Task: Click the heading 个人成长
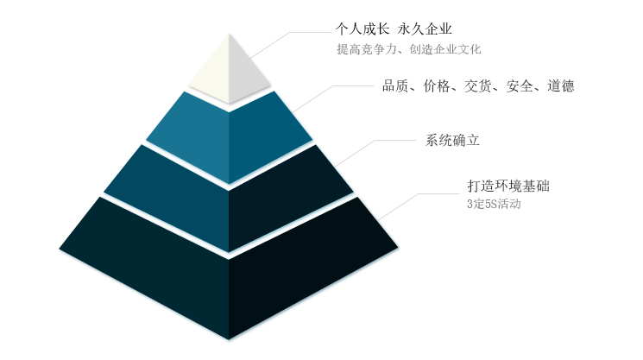pos(362,28)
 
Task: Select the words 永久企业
pos(425,28)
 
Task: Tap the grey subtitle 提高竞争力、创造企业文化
pos(409,49)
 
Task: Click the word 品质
pos(395,85)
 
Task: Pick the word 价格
pos(437,85)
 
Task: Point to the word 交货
pos(478,85)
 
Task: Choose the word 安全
pos(520,85)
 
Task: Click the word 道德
pos(561,85)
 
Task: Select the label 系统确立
pos(452,140)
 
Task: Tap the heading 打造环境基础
pos(508,186)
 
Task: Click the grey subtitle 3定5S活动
pos(494,204)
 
